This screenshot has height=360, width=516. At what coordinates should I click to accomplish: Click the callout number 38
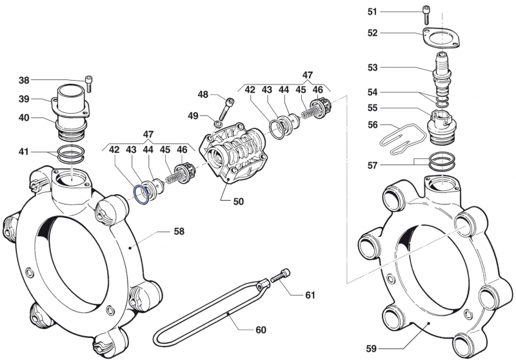(x=24, y=81)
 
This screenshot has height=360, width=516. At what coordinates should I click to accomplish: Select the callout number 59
(x=372, y=348)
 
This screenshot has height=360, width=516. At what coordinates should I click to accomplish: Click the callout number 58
(x=179, y=230)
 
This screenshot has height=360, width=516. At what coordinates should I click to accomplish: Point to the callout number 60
(x=261, y=330)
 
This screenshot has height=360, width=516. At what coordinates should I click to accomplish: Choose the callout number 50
(x=239, y=201)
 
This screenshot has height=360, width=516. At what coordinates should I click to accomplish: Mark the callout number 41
(x=24, y=152)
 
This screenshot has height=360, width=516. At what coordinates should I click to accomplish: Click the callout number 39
(x=24, y=99)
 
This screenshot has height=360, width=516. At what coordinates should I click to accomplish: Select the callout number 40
(x=24, y=118)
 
